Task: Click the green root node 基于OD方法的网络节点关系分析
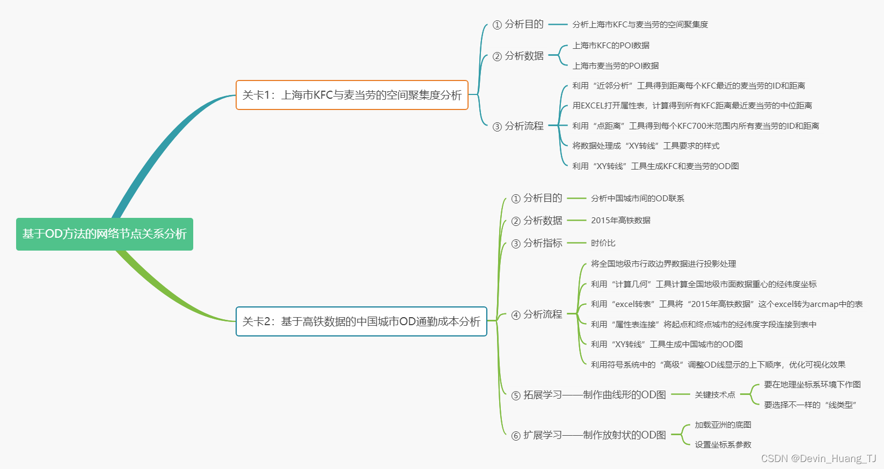tap(105, 234)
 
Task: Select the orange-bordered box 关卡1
tap(352, 95)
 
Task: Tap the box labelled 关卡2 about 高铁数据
tap(361, 321)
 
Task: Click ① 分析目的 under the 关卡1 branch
tap(518, 24)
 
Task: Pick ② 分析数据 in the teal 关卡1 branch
tap(518, 56)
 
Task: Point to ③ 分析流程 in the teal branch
tap(518, 126)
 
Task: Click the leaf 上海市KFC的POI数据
tap(611, 46)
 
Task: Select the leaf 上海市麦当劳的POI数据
tap(616, 66)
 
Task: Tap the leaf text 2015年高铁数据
tap(620, 221)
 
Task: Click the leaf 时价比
tap(603, 243)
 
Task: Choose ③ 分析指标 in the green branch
tap(537, 243)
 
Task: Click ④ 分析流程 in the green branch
tap(537, 314)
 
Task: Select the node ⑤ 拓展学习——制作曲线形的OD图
tap(589, 395)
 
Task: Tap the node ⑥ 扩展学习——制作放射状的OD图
tap(589, 435)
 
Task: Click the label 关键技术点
tap(715, 395)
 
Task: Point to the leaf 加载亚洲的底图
tap(723, 425)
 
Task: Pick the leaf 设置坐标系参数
tap(723, 445)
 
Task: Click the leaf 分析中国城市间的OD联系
tap(638, 199)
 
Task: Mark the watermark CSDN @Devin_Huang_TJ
tap(819, 458)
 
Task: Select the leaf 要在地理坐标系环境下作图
tap(812, 385)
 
